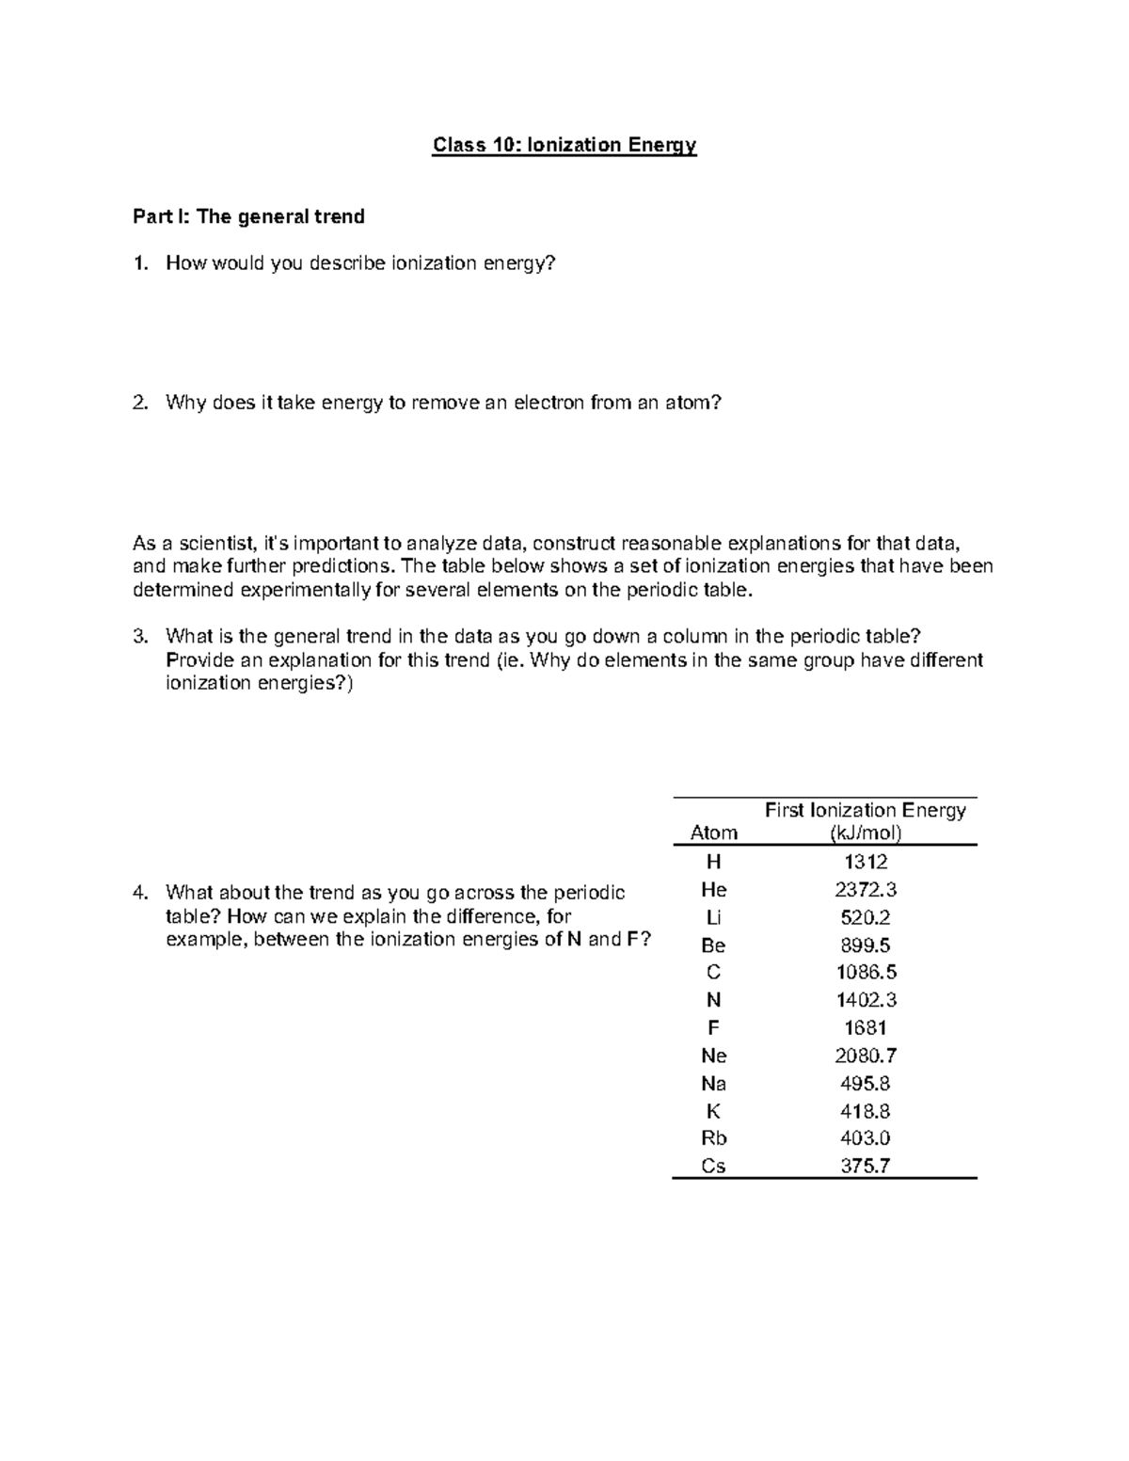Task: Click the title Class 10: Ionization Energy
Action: pos(564,145)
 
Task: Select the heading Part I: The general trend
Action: pos(248,217)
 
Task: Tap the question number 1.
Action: pos(140,263)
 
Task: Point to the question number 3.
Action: pos(140,637)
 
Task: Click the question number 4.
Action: pos(140,892)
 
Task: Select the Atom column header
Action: pos(713,833)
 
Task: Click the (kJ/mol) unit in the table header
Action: pos(865,833)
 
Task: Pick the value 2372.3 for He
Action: pos(865,889)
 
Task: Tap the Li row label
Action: pos(713,917)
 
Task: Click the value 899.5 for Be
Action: pos(865,945)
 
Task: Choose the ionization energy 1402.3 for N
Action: pos(865,1000)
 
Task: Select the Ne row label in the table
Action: pos(713,1056)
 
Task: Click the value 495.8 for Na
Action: pos(865,1083)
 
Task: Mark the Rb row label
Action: pos(713,1138)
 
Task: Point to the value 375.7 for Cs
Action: pos(865,1166)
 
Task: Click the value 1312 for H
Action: pos(865,862)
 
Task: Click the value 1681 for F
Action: pos(865,1028)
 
